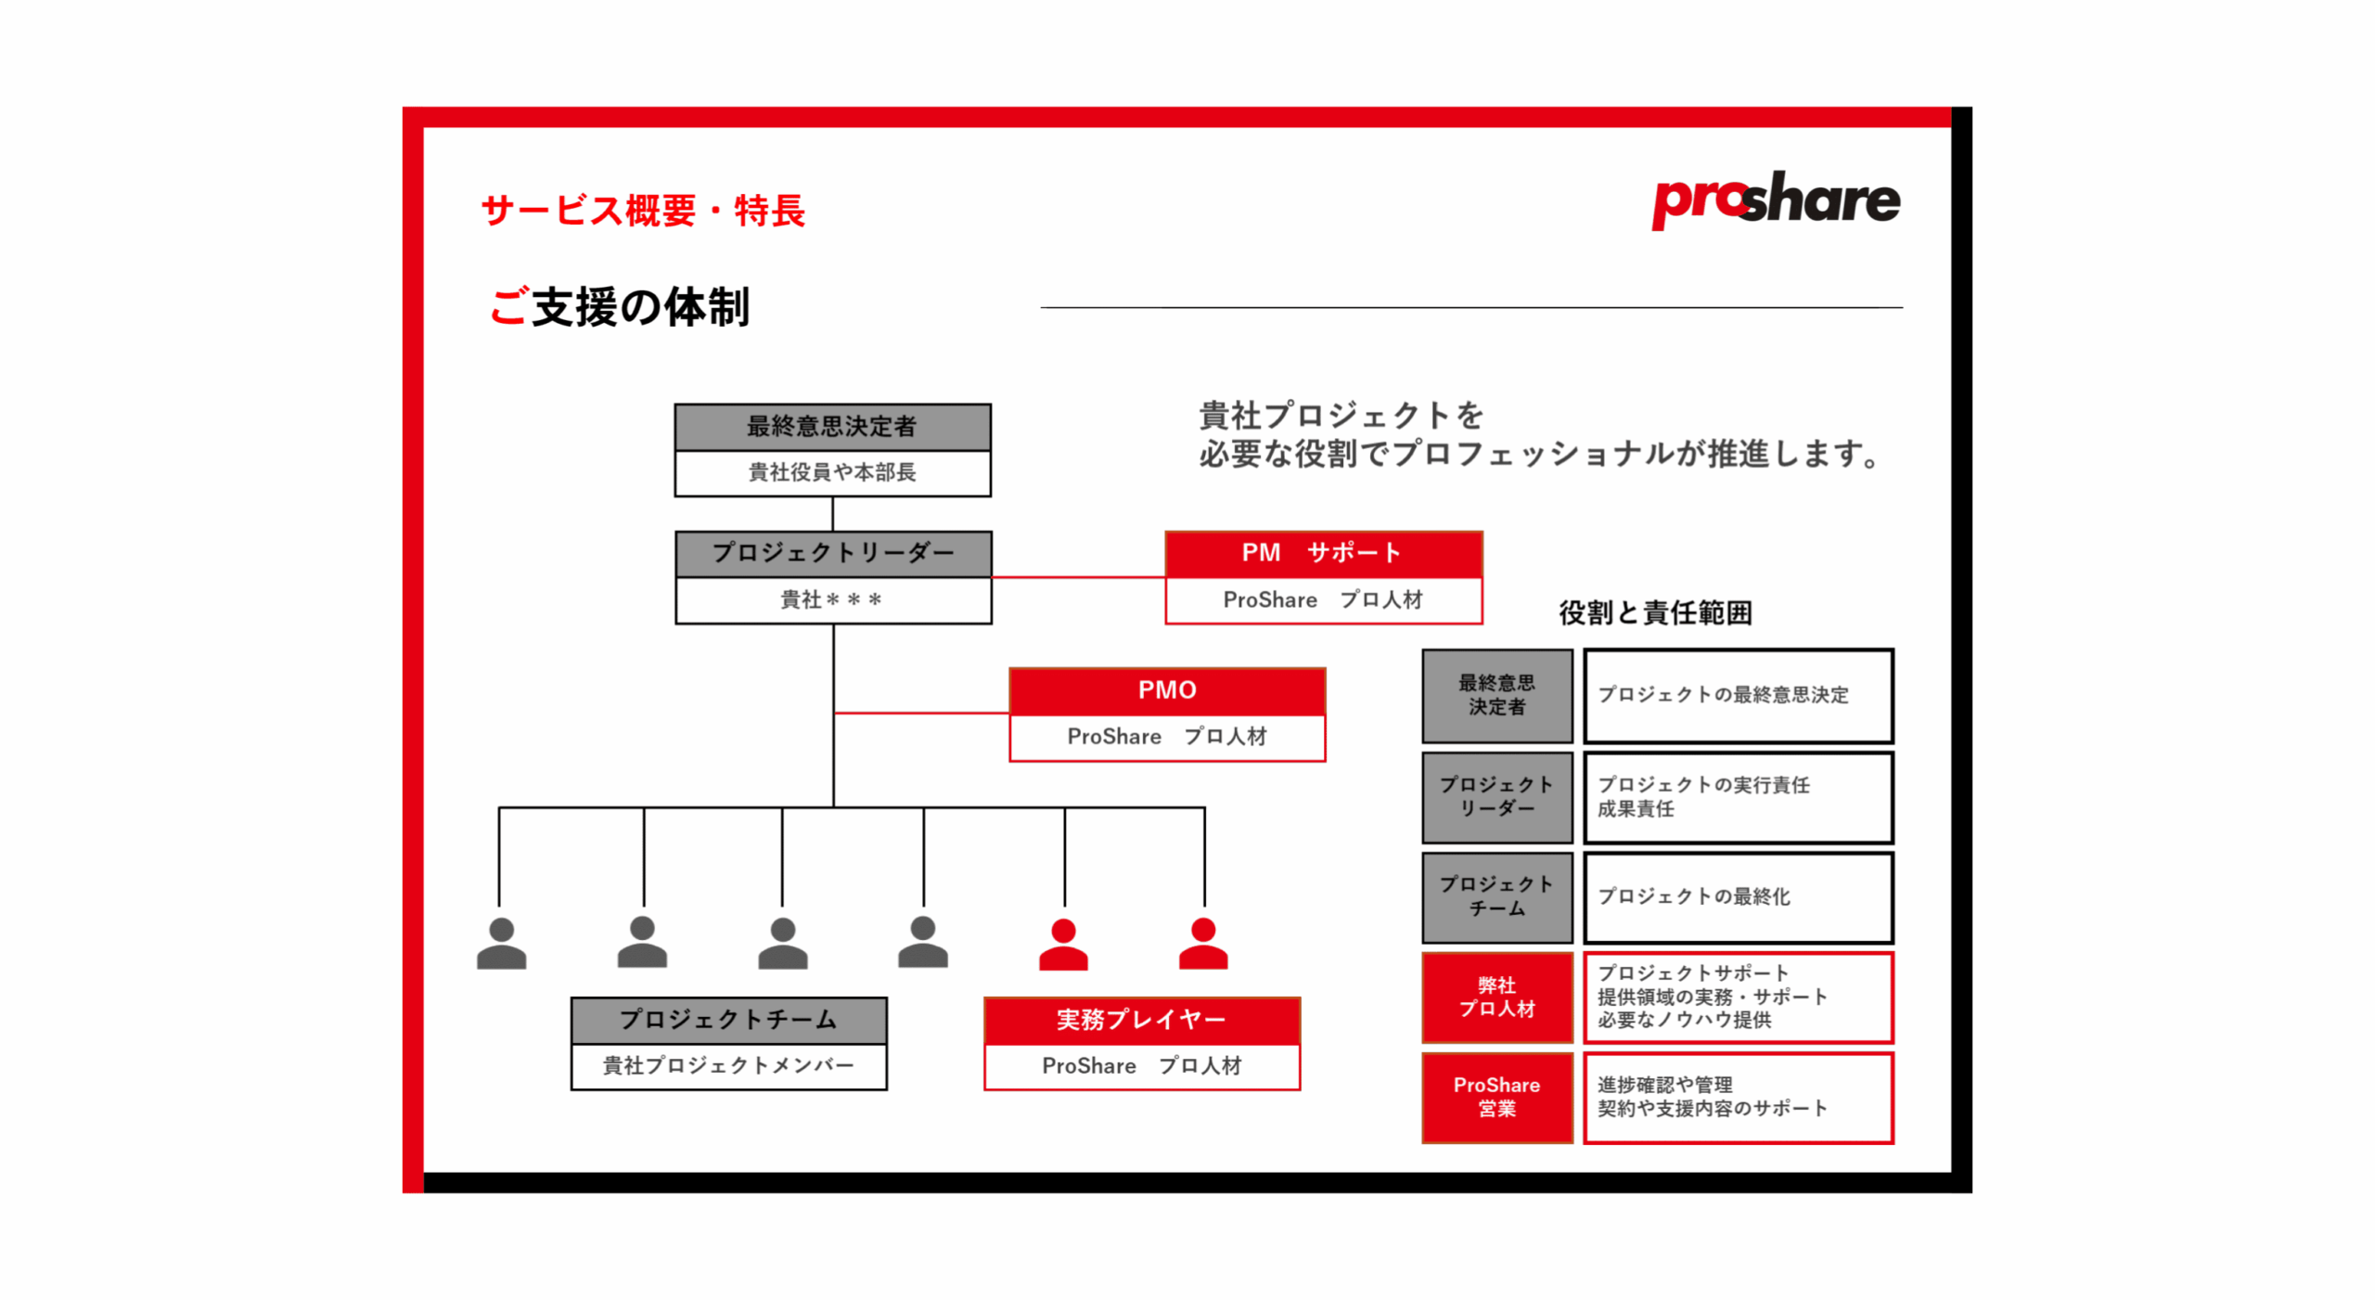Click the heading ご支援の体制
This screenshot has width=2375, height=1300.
[x=619, y=306]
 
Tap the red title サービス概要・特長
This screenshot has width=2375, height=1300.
[x=642, y=211]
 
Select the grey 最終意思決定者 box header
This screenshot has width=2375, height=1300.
[x=831, y=426]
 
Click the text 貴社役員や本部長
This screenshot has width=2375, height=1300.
[x=831, y=472]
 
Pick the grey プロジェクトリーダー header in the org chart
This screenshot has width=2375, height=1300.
[x=832, y=553]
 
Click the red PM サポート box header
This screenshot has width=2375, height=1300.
[x=1322, y=553]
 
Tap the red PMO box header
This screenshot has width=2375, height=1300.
[x=1166, y=689]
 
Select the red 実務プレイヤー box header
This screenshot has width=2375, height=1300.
[x=1140, y=1019]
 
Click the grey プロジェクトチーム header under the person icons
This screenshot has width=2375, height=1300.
[x=728, y=1019]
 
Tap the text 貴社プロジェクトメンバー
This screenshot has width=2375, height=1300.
[x=728, y=1065]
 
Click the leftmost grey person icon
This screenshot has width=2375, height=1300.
[x=501, y=945]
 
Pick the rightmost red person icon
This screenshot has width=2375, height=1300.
[x=1202, y=945]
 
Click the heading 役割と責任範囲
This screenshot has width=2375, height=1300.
[x=1654, y=612]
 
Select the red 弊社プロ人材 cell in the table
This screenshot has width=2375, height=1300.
[x=1496, y=997]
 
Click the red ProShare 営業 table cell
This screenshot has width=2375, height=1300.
[x=1496, y=1096]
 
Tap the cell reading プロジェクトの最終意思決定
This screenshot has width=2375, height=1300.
[x=1737, y=695]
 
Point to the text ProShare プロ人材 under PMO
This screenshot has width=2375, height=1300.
[x=1166, y=737]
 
